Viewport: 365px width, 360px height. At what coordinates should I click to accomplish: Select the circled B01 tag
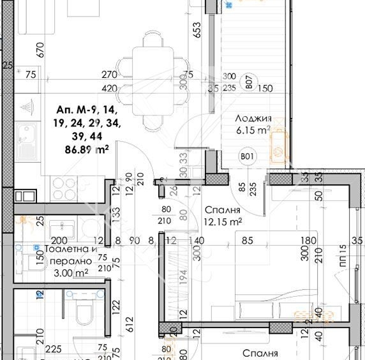pyautogui.click(x=245, y=155)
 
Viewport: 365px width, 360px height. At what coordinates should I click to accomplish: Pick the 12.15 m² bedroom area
pyautogui.click(x=222, y=222)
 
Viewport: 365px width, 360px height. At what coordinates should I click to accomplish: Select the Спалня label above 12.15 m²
pyautogui.click(x=222, y=211)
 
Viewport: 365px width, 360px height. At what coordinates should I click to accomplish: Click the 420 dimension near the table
pyautogui.click(x=110, y=88)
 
